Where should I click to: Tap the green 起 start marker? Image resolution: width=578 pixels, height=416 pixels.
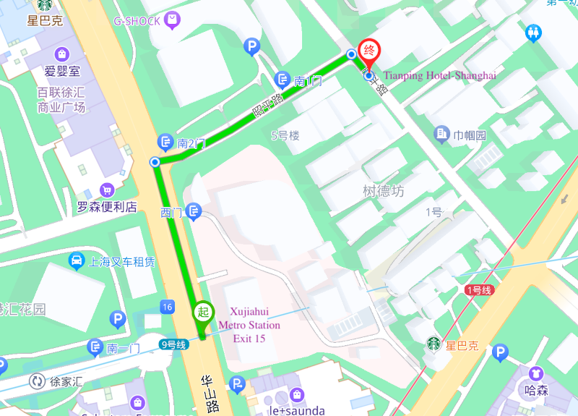tap(203, 313)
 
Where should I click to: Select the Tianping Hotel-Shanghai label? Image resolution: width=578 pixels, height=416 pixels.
tap(439, 75)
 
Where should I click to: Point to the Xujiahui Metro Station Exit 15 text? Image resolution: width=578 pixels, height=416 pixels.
tap(248, 324)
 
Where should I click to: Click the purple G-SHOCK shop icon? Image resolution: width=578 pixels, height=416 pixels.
tap(172, 20)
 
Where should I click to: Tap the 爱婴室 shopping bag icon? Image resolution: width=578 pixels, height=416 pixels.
tap(62, 54)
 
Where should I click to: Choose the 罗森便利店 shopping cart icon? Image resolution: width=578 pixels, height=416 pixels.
tap(108, 190)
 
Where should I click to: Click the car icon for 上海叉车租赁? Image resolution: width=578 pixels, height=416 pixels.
tap(76, 260)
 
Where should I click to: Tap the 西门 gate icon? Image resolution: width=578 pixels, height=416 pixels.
tap(194, 211)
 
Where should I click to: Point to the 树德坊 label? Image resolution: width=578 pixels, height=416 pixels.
tap(383, 191)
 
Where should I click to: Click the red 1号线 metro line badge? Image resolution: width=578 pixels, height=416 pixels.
tap(478, 289)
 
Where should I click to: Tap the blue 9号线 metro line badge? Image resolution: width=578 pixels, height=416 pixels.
tap(173, 345)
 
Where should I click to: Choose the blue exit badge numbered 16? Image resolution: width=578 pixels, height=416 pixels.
tap(168, 307)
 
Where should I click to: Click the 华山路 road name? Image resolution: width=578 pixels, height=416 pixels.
tap(210, 394)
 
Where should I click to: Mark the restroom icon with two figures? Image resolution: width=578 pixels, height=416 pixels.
tap(534, 33)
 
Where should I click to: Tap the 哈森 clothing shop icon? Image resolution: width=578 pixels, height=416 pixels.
tap(535, 373)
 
